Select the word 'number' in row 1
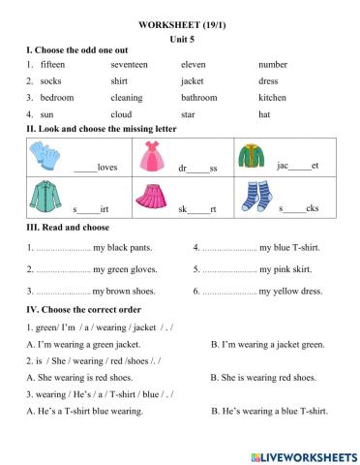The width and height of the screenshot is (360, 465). tap(273, 64)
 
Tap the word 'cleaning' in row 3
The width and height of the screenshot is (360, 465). tap(127, 97)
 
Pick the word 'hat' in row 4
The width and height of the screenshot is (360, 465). tap(264, 113)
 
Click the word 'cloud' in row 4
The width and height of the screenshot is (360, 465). tap(121, 113)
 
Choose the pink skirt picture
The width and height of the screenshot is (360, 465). tap(151, 197)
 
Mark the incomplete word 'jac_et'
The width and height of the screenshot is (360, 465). tap(297, 166)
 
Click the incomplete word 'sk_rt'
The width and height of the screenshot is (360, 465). tap(197, 208)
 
